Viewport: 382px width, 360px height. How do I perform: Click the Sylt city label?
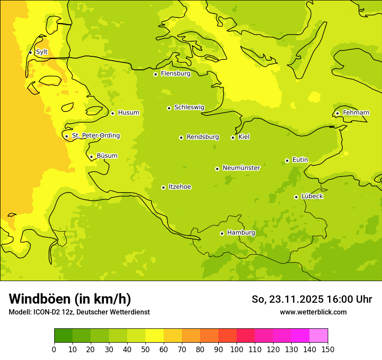pyautogui.click(x=42, y=52)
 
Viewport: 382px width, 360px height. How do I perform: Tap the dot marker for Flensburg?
pyautogui.click(x=155, y=74)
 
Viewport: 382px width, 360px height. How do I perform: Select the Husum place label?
pyautogui.click(x=128, y=113)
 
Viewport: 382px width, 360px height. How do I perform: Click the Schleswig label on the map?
pyautogui.click(x=189, y=107)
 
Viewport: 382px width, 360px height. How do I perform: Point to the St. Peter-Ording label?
pyautogui.click(x=95, y=136)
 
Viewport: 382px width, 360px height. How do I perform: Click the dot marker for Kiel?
pyautogui.click(x=233, y=137)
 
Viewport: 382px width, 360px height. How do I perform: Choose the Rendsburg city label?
pyautogui.click(x=203, y=137)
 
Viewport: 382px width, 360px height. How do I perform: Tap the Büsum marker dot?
pyautogui.click(x=91, y=157)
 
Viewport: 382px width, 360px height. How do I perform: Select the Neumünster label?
pyautogui.click(x=241, y=168)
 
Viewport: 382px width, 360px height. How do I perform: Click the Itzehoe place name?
pyautogui.click(x=180, y=187)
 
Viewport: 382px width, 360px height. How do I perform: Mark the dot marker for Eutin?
pyautogui.click(x=287, y=160)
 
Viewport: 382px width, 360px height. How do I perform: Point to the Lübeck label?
pyautogui.click(x=312, y=196)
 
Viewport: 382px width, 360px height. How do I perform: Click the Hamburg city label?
pyautogui.click(x=241, y=233)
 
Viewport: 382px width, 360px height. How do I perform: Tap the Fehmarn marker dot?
pyautogui.click(x=337, y=113)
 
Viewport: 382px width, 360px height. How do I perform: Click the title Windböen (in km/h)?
pyautogui.click(x=70, y=299)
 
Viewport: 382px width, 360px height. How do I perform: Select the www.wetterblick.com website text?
pyautogui.click(x=313, y=312)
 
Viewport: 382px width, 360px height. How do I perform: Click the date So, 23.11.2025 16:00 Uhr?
pyautogui.click(x=312, y=299)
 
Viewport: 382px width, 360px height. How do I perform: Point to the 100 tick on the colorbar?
pyautogui.click(x=237, y=349)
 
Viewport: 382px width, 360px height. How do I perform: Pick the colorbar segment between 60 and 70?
pyautogui.click(x=173, y=336)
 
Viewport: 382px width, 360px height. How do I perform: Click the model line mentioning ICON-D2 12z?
pyautogui.click(x=79, y=312)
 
